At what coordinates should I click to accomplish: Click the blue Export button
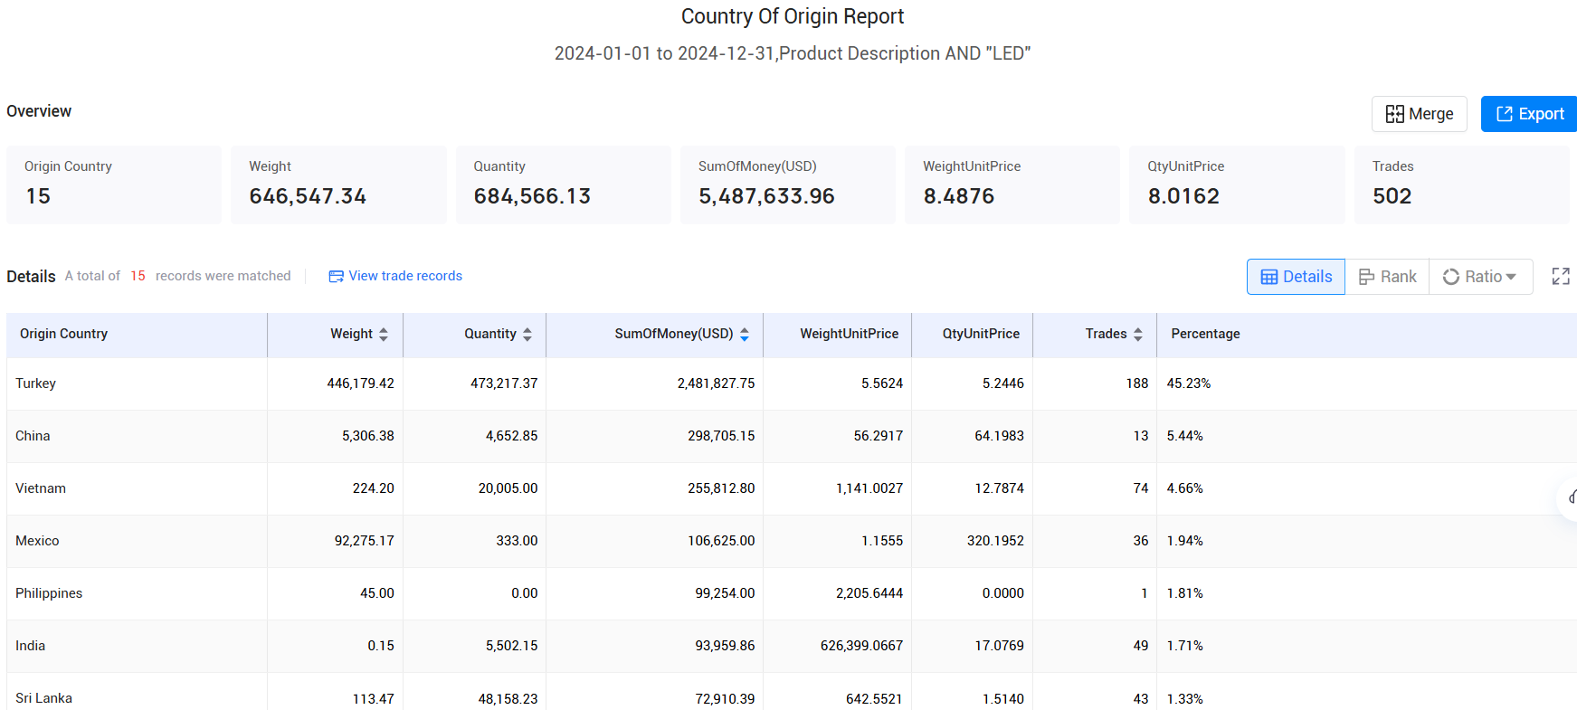tap(1529, 114)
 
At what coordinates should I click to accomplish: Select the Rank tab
tap(1387, 277)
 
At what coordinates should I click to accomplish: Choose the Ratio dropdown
tap(1480, 277)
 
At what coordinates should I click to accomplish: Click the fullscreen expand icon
tap(1561, 277)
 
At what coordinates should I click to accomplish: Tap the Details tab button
tap(1296, 277)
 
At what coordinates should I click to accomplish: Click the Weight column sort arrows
tap(384, 335)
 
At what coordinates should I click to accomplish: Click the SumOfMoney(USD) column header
tap(673, 334)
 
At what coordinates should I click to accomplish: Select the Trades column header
tap(1106, 334)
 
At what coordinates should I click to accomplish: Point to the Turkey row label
tap(36, 383)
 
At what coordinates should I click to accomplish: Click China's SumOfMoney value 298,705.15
tap(721, 436)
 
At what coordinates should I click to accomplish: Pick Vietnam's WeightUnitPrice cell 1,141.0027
tap(869, 488)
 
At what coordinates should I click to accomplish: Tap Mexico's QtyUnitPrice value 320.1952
tap(995, 541)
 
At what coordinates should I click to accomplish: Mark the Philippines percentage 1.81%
tap(1184, 593)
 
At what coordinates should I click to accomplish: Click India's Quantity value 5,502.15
tap(511, 646)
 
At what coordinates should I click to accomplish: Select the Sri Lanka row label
tap(43, 698)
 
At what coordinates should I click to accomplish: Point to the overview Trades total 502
tap(1392, 196)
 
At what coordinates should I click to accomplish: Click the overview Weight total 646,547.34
tap(308, 196)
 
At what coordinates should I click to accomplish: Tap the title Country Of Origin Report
tap(792, 16)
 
